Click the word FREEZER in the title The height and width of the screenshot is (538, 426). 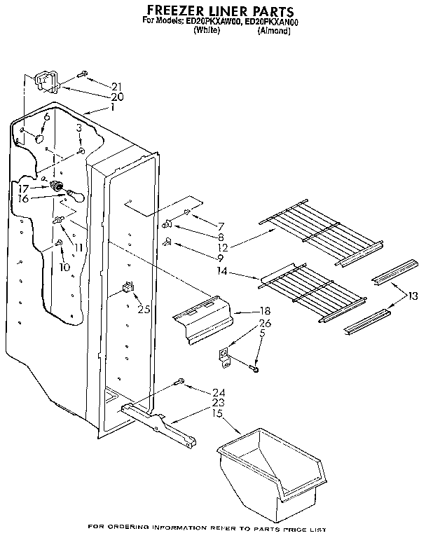point(176,11)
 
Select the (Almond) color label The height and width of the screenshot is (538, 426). point(274,30)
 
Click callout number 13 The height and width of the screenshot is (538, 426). point(413,296)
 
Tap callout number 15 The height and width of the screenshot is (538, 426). point(218,414)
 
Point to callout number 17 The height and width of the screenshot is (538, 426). point(23,188)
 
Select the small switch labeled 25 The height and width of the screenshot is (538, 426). point(128,287)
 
